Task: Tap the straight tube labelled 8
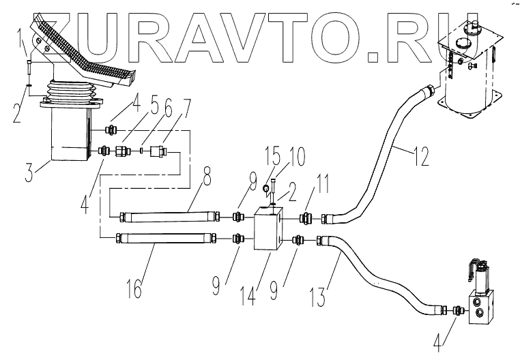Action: [168, 217]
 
